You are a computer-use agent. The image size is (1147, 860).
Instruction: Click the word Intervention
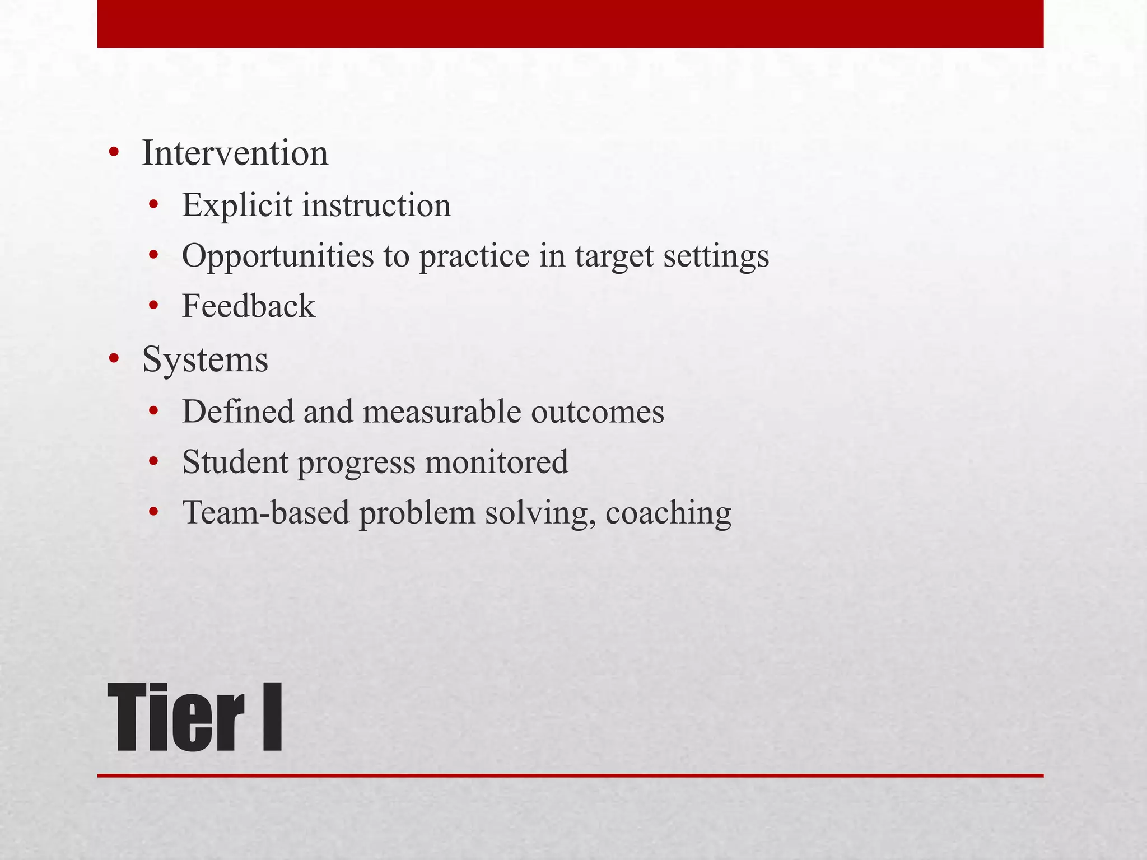pos(235,153)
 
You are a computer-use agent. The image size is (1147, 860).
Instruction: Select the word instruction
pos(376,205)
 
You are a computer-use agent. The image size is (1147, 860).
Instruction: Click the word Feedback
pos(249,306)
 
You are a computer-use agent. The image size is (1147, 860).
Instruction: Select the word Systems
pos(205,359)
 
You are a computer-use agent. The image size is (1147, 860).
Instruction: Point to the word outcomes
pos(598,412)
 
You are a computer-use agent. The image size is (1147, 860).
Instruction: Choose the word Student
pos(235,462)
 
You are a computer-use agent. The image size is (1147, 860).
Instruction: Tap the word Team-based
pos(266,512)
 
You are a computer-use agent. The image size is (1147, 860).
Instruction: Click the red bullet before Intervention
pos(114,153)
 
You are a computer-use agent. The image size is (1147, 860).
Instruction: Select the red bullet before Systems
pos(114,359)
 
